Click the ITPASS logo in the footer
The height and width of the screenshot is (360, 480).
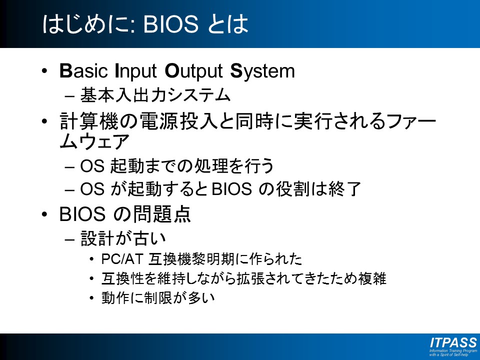[x=453, y=346]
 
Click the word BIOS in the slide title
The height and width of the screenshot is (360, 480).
[x=171, y=24]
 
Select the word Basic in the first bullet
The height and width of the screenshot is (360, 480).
[x=83, y=70]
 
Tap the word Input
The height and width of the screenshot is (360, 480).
[x=136, y=71]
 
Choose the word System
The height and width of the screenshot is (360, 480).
[x=262, y=71]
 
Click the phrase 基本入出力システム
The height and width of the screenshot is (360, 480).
[x=155, y=95]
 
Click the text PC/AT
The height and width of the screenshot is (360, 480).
[x=122, y=259]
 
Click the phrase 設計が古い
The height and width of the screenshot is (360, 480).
[x=123, y=238]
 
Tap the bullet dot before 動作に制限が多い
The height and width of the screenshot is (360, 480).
[x=91, y=297]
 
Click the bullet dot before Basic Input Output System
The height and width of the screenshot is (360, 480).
[x=44, y=71]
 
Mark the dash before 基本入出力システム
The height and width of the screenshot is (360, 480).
[x=69, y=96]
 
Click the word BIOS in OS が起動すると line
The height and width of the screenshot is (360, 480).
[x=231, y=189]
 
